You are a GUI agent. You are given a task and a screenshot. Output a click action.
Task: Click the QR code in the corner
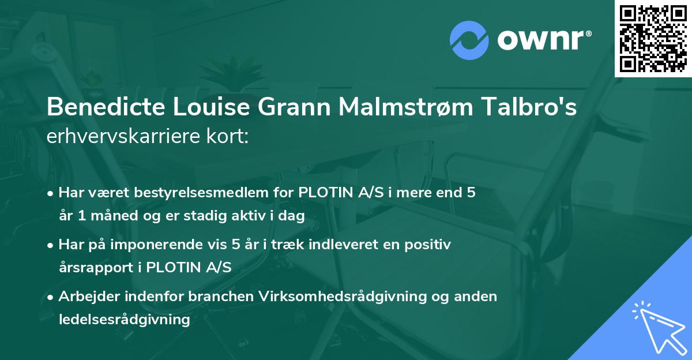[653, 38]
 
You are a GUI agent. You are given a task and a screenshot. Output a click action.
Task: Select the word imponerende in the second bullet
[169, 245]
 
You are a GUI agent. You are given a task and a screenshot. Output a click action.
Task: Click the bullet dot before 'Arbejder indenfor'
[51, 297]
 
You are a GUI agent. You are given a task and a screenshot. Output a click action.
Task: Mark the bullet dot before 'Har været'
[51, 193]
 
